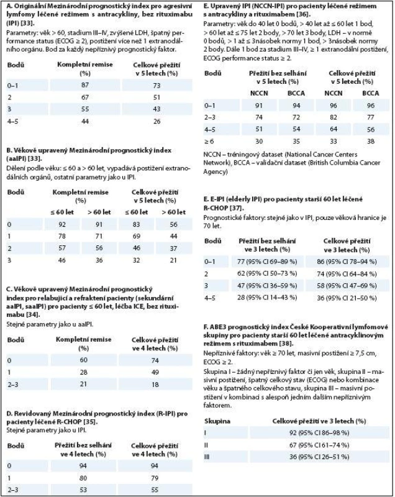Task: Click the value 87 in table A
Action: point(85,85)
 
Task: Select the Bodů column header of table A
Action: point(16,65)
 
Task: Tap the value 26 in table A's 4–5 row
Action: point(157,121)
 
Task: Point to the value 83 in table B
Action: point(137,224)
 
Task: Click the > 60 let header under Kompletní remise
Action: point(99,212)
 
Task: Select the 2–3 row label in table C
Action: point(13,385)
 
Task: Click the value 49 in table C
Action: point(155,372)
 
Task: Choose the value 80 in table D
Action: point(83,478)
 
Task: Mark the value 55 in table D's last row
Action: point(155,490)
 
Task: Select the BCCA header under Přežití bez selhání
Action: point(296,93)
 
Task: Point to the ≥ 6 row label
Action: point(209,142)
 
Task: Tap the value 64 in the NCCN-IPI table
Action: point(334,129)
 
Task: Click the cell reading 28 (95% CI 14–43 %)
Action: point(267,298)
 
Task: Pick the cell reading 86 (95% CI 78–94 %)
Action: point(347,262)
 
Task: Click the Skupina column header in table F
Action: point(217,421)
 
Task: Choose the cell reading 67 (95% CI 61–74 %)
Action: point(319,445)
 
